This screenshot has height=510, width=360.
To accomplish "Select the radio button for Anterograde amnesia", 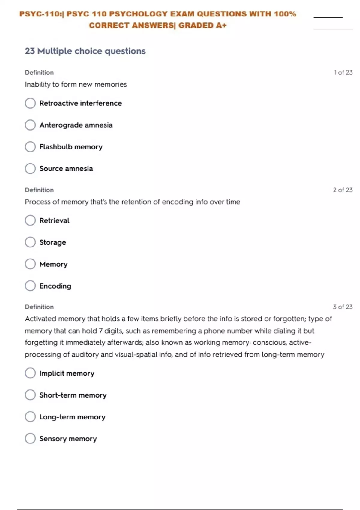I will [30, 125].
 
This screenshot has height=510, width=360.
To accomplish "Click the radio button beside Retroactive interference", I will [30, 103].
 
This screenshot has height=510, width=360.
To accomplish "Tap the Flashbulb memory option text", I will [71, 147].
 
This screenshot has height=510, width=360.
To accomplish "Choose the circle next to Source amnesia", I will [30, 168].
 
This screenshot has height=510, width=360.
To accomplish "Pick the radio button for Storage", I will [30, 242].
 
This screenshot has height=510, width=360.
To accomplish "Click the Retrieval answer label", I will [54, 220].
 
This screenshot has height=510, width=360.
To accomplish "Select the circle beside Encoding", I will [30, 286].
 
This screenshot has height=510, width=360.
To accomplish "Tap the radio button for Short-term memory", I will [30, 395].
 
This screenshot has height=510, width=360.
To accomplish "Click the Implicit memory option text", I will [67, 373].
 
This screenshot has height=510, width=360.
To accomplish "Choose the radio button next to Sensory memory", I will [30, 439].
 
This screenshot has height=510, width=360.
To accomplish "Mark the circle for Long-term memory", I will [30, 417].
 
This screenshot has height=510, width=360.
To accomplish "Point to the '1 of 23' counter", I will [343, 73].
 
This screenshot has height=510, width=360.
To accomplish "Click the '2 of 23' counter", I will [343, 190].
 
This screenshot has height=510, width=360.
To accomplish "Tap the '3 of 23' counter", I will [343, 307].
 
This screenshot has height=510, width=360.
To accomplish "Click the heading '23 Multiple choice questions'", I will [85, 51].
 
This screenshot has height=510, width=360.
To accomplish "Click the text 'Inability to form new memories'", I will [76, 85].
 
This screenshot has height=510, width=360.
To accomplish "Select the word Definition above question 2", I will [39, 190].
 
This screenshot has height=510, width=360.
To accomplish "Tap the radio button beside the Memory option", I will [30, 264].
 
